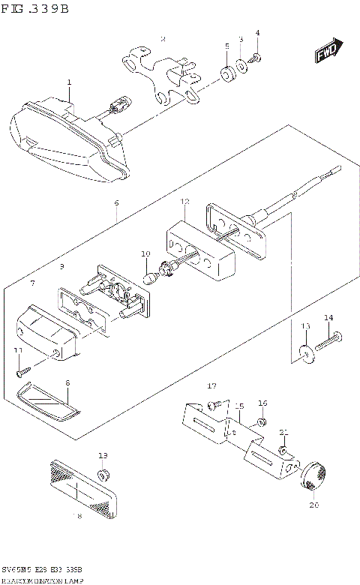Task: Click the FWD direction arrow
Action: (328, 52)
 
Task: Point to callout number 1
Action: (68, 82)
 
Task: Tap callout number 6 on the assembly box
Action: (117, 202)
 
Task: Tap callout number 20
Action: (313, 505)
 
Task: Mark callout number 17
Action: (212, 385)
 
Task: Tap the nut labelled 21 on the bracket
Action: (283, 450)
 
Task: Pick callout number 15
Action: (239, 406)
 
